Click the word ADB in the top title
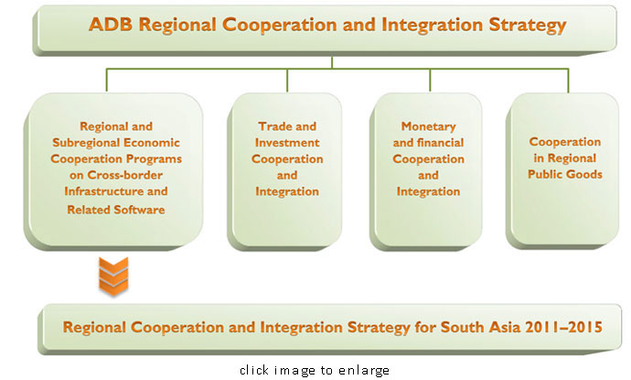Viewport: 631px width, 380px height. [x=111, y=24]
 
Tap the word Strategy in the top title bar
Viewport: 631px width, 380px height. [x=528, y=26]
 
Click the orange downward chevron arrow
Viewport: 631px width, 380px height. [x=113, y=277]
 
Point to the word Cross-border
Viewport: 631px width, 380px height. [x=124, y=175]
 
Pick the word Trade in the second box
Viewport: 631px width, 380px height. [x=273, y=126]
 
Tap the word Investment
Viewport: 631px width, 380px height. [x=287, y=143]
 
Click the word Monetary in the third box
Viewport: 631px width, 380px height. [x=428, y=127]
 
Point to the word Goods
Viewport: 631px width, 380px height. [x=584, y=175]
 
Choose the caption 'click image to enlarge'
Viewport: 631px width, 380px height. [x=315, y=370]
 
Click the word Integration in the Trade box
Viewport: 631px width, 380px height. [x=287, y=191]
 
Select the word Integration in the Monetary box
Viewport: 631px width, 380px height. [x=428, y=191]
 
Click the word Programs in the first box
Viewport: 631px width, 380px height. [x=156, y=159]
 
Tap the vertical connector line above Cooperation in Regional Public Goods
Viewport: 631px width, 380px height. [x=568, y=81]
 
